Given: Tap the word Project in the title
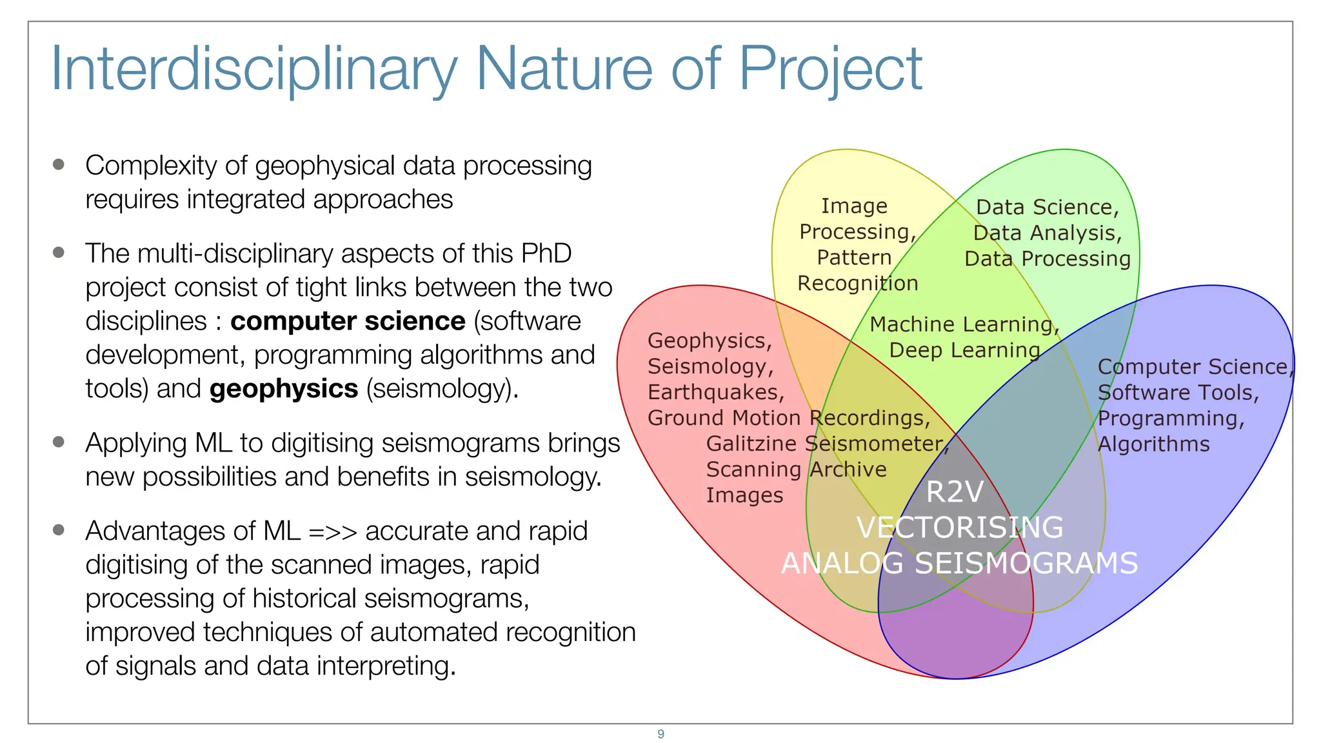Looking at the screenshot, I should [830, 70].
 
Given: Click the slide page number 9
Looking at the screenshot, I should [660, 734].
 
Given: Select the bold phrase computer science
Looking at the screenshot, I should [348, 321].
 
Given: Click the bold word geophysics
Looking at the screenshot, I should [284, 389].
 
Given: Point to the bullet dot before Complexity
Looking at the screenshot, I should [59, 164].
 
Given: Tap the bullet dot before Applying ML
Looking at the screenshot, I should [59, 442].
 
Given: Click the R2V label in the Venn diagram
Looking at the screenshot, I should [955, 492].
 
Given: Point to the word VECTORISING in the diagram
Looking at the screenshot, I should [960, 528].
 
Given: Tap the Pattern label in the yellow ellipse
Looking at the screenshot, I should [854, 257].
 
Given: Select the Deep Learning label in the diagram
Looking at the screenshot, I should [964, 350].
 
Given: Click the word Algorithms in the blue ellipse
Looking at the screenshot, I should [1153, 444].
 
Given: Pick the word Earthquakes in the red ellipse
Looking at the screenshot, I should [715, 392].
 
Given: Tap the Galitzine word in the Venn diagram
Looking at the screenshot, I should [751, 444].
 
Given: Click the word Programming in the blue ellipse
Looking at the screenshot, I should [1169, 419].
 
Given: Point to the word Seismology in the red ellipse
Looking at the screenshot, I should [710, 366].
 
